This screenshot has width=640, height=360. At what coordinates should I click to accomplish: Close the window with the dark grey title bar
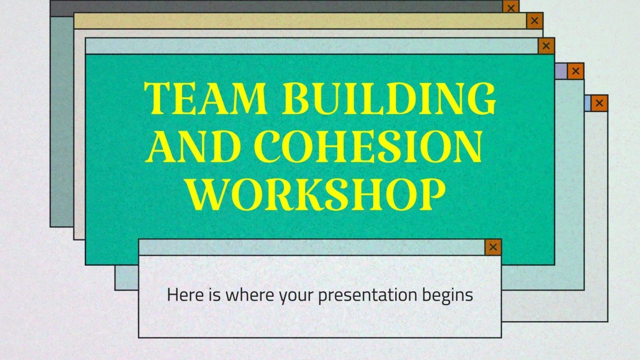(511, 7)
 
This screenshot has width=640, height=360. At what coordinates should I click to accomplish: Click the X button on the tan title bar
(535, 21)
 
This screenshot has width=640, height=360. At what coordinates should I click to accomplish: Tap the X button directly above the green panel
(546, 46)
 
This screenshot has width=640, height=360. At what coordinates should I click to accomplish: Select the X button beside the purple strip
(576, 71)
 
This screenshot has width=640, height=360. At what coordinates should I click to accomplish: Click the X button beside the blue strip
(599, 103)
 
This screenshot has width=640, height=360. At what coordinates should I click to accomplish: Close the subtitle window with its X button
(493, 247)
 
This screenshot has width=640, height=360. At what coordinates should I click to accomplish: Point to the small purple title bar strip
(561, 71)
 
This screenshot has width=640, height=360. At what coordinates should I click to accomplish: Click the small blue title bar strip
(587, 103)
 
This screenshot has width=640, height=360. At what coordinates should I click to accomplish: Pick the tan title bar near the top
(300, 21)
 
